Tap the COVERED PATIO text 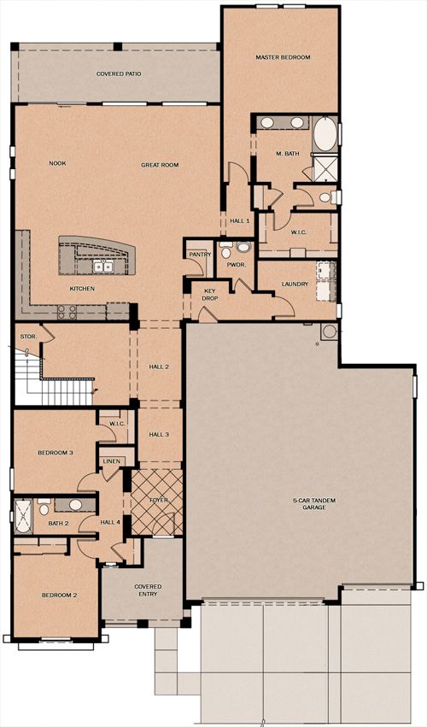(x=119, y=73)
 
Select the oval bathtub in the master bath (x=325, y=134)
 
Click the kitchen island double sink (x=103, y=267)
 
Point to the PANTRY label (x=200, y=255)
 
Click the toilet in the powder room (x=225, y=251)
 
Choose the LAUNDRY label (x=295, y=284)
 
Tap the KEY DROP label (x=210, y=296)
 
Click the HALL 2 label (x=159, y=366)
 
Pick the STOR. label (x=28, y=336)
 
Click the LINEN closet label (x=112, y=461)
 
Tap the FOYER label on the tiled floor (x=159, y=501)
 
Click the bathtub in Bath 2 (x=23, y=516)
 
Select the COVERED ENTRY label (x=148, y=590)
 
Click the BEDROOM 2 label (x=59, y=595)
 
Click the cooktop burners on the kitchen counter (x=67, y=312)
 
